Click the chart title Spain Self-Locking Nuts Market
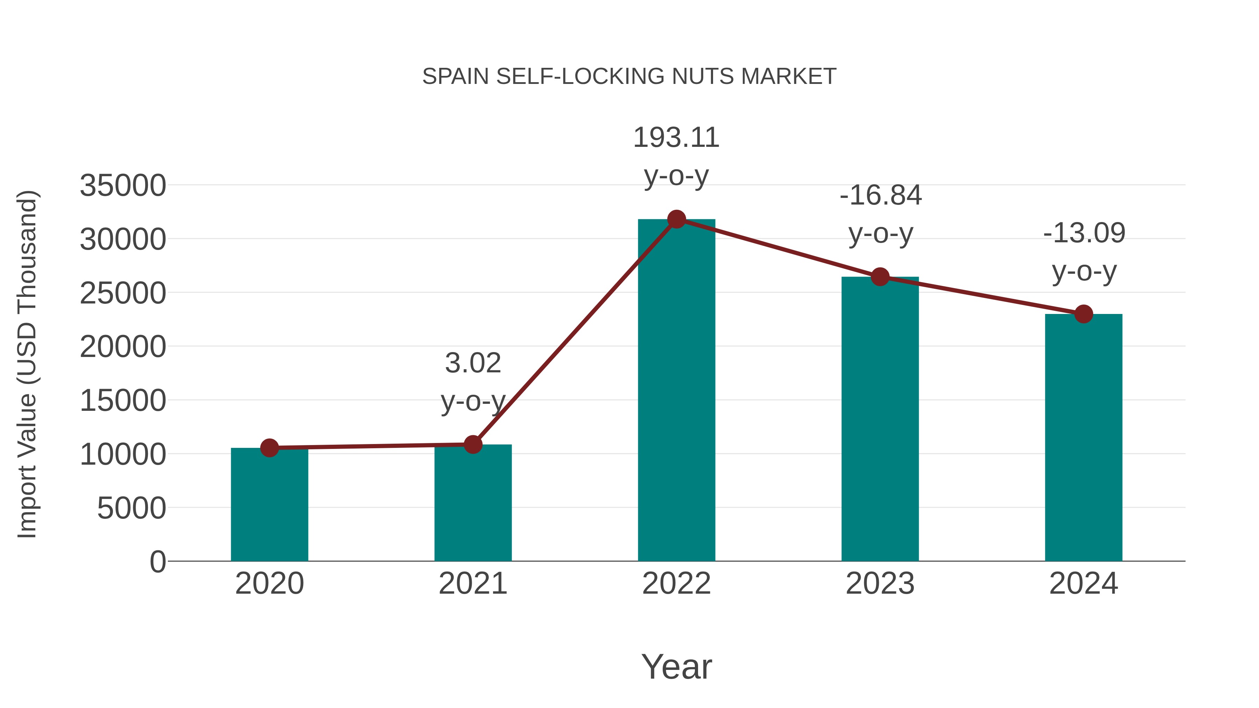pos(629,77)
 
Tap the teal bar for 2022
pos(676,391)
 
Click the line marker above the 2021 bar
pos(472,445)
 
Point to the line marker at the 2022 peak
pos(676,219)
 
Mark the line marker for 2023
pos(880,277)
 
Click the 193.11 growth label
pos(676,138)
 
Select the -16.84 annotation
pos(880,195)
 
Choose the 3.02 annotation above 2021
pos(472,364)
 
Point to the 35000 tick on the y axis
pos(123,186)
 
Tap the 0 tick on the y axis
pos(158,562)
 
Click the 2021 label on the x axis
pos(472,584)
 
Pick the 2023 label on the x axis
pos(880,584)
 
